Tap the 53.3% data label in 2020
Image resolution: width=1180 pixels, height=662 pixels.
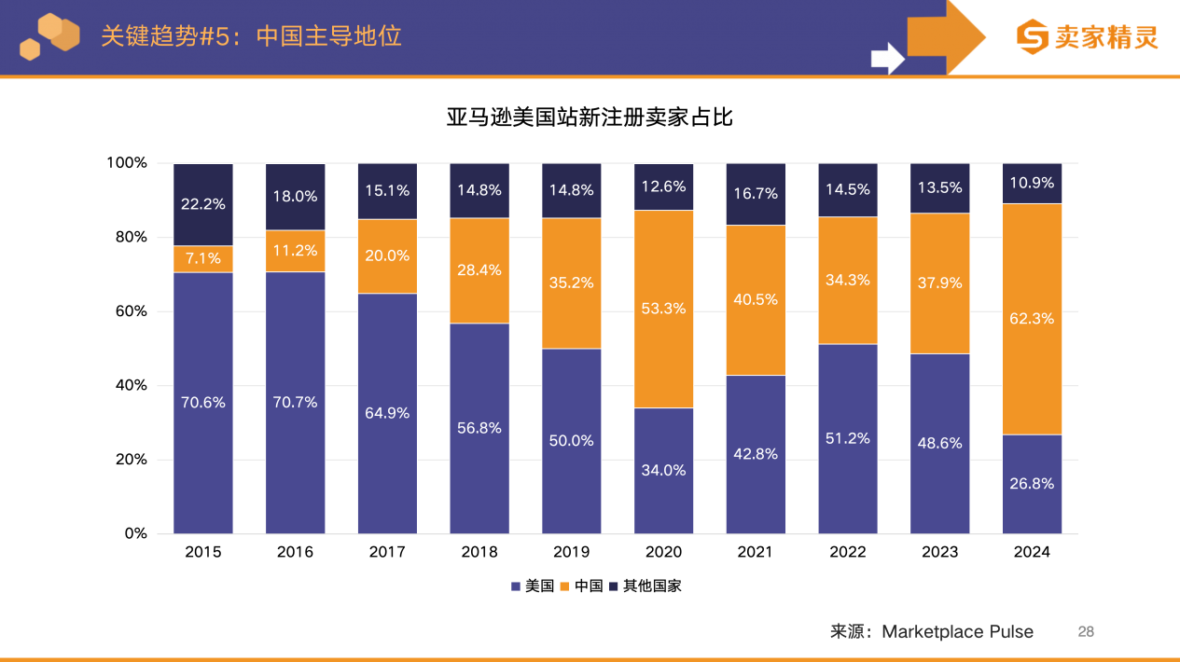663,309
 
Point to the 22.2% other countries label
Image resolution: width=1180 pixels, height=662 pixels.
202,204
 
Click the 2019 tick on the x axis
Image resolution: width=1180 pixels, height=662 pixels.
571,552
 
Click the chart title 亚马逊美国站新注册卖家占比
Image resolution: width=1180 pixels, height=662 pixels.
590,117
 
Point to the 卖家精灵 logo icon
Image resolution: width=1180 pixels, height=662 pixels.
1032,37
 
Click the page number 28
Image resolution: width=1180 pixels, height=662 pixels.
1086,632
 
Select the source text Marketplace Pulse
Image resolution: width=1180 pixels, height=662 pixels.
957,632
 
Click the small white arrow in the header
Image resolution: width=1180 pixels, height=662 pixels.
887,58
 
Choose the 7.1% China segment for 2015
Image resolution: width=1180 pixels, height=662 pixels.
202,258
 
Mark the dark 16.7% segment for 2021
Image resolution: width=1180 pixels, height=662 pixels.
755,194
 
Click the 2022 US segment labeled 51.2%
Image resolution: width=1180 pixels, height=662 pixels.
847,439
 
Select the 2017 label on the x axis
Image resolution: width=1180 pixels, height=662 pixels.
387,552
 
